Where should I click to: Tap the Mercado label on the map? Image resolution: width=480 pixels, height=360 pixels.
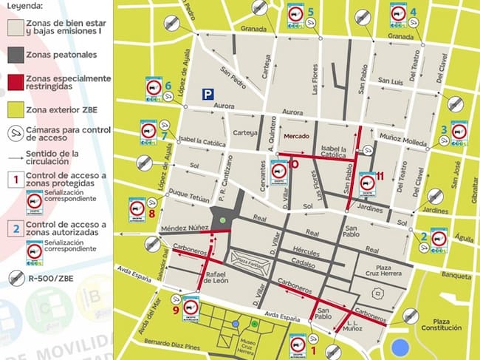(297, 136)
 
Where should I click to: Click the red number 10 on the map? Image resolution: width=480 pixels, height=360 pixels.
(292, 164)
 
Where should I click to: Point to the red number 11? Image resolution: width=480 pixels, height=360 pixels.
(380, 176)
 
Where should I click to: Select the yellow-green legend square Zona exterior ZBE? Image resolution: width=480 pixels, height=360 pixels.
(13, 109)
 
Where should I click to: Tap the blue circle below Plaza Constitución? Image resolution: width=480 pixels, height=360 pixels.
(400, 347)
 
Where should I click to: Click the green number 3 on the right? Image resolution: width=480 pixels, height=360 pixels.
(443, 129)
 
